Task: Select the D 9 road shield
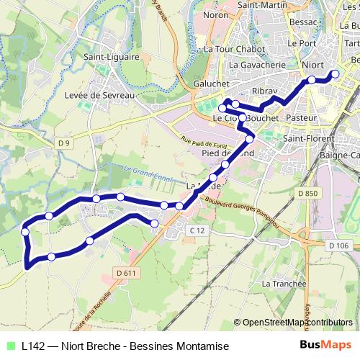pos(65,143)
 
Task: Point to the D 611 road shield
pos(125,272)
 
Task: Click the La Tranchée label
pos(285,284)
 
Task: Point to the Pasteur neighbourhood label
pos(297,117)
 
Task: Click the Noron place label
pos(215,14)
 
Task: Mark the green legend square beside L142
pos(10,346)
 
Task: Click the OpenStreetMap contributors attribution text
pos(297,322)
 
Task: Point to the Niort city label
pos(312,65)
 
